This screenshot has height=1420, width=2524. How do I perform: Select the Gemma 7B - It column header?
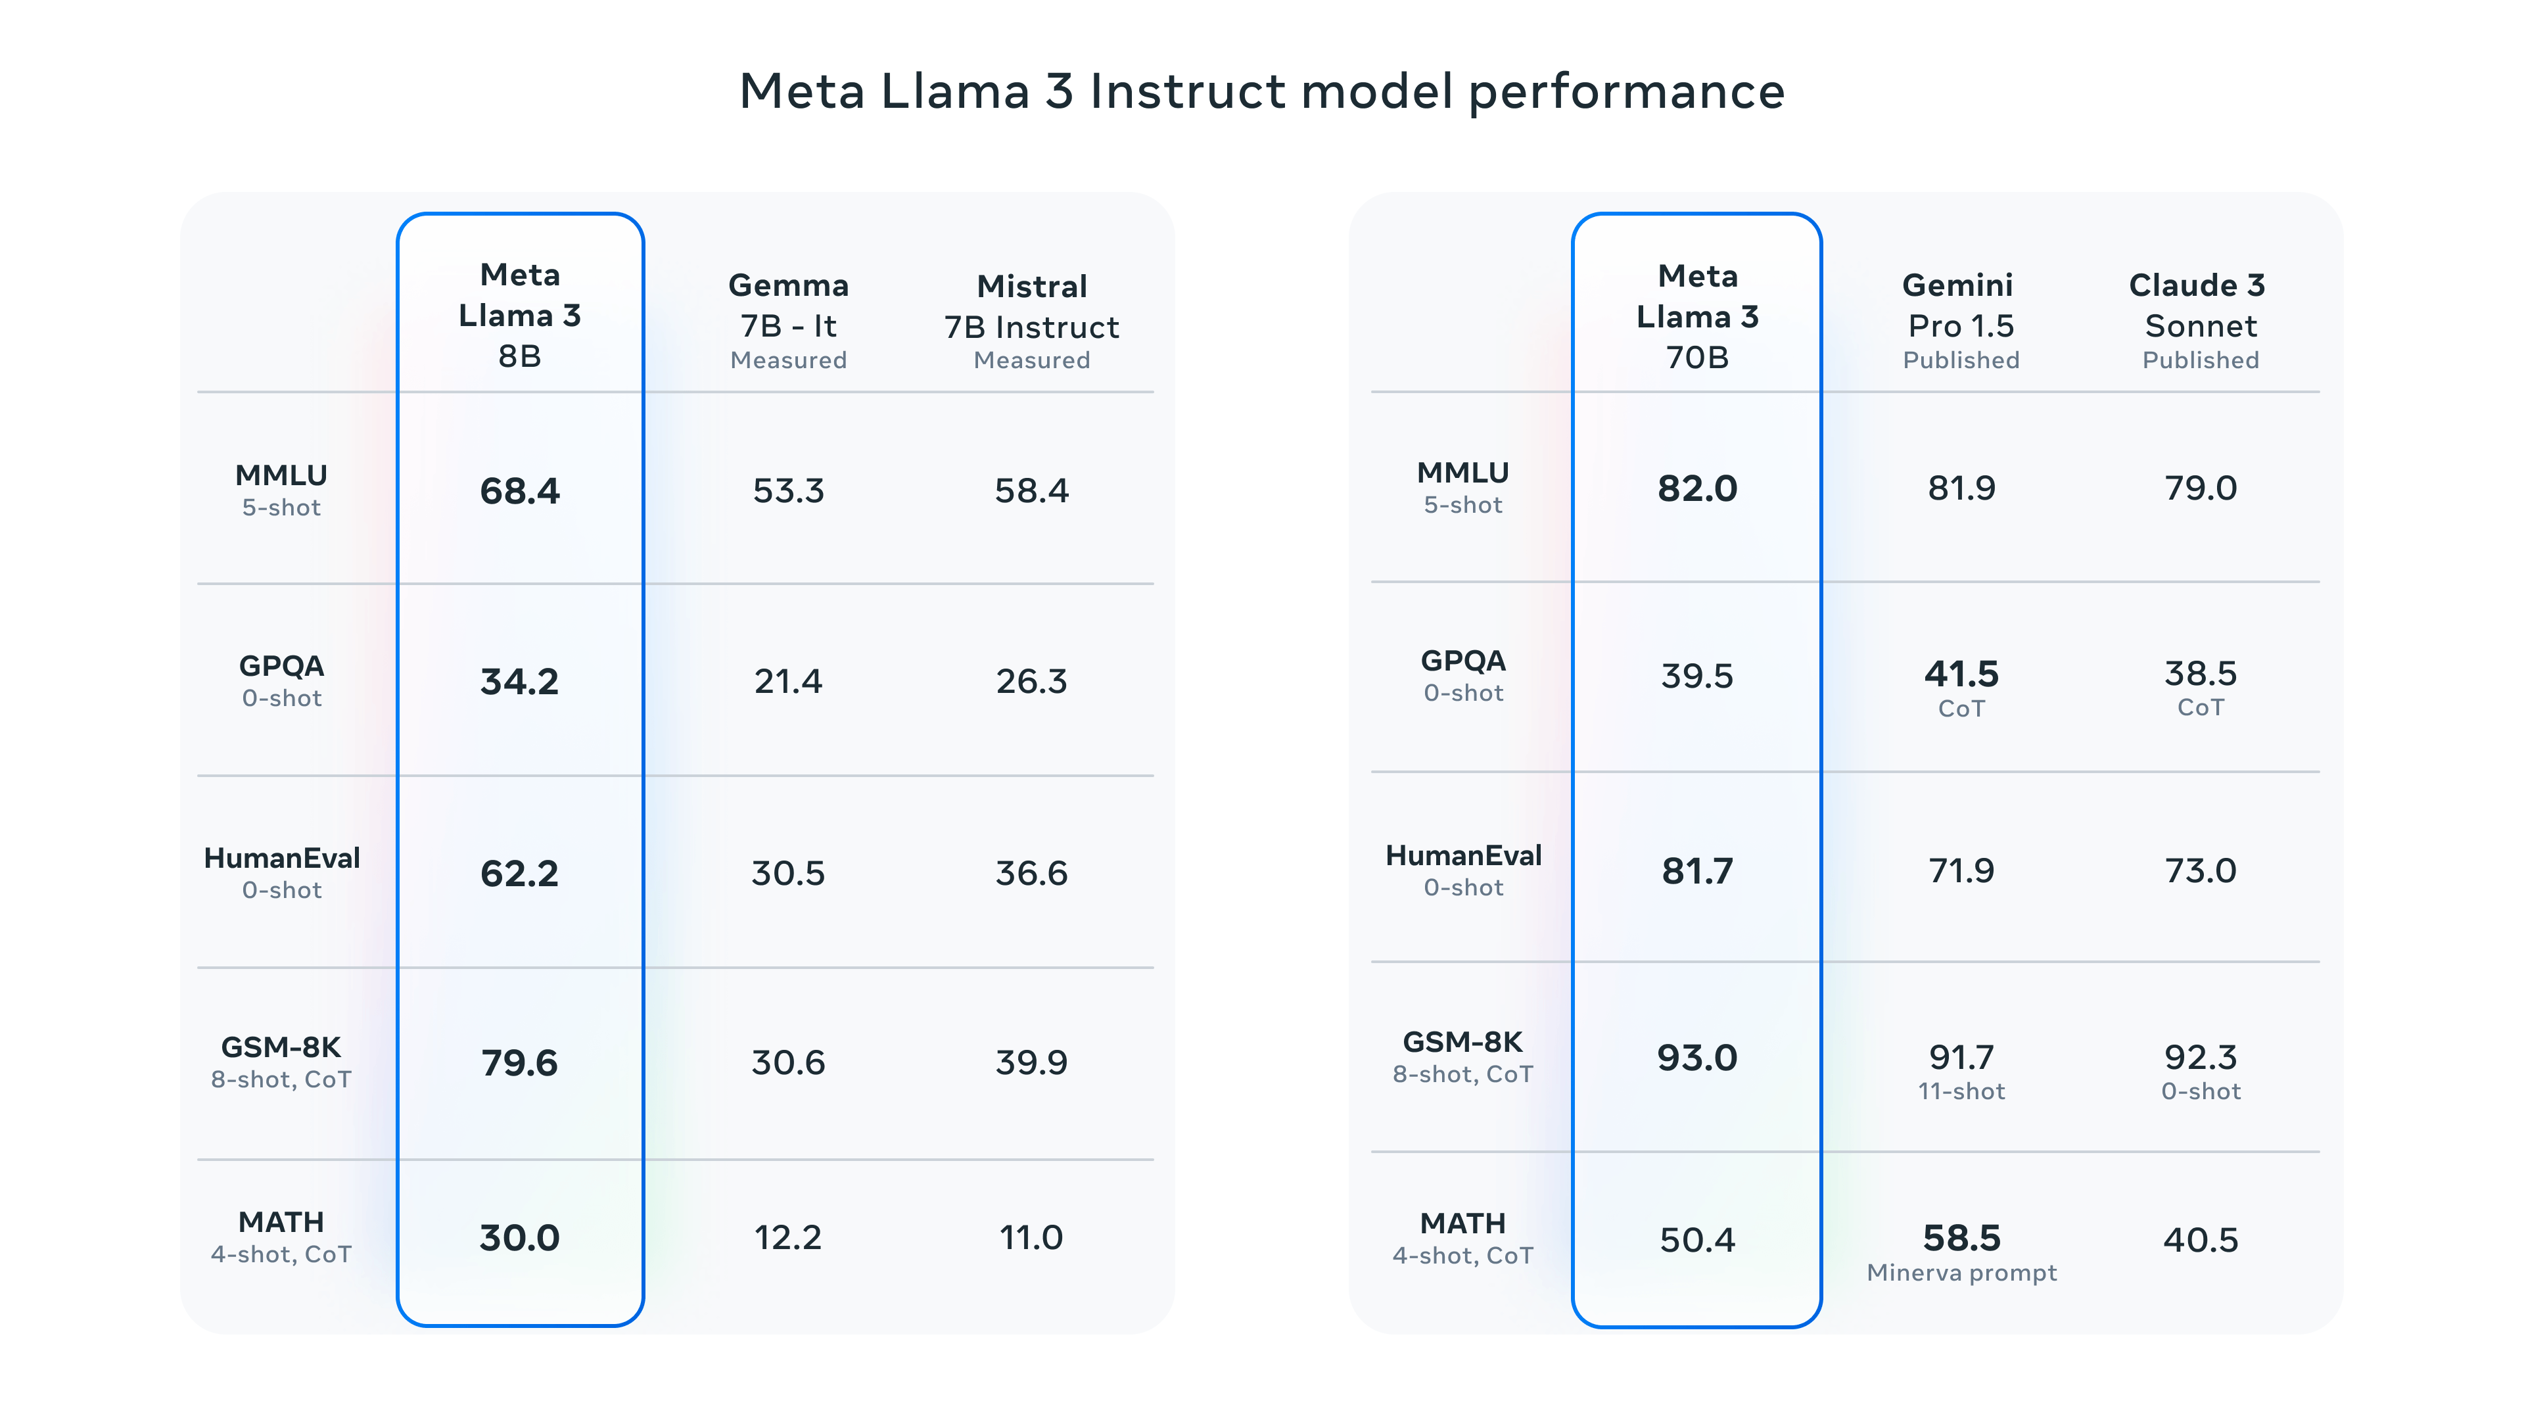point(789,319)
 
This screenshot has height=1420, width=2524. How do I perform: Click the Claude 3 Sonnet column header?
point(2200,319)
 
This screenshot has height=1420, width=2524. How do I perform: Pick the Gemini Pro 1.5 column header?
point(1961,319)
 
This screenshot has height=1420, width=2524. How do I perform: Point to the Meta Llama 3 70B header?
point(1697,316)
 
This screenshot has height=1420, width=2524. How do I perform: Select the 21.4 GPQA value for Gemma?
point(788,681)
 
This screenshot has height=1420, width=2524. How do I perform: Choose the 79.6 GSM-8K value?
point(519,1063)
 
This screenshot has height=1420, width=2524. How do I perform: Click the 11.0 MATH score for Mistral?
point(1031,1238)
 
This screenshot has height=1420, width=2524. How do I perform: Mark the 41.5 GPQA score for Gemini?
point(1961,674)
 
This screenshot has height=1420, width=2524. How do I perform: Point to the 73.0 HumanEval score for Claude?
point(2200,870)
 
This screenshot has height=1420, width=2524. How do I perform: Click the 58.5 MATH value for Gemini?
point(1961,1238)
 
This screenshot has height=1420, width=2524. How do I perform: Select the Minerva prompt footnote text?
point(1961,1273)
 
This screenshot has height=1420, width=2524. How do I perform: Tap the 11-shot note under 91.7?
point(1961,1091)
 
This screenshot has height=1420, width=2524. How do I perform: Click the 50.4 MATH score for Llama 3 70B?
point(1697,1241)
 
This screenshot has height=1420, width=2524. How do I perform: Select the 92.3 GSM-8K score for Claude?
point(2200,1057)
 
